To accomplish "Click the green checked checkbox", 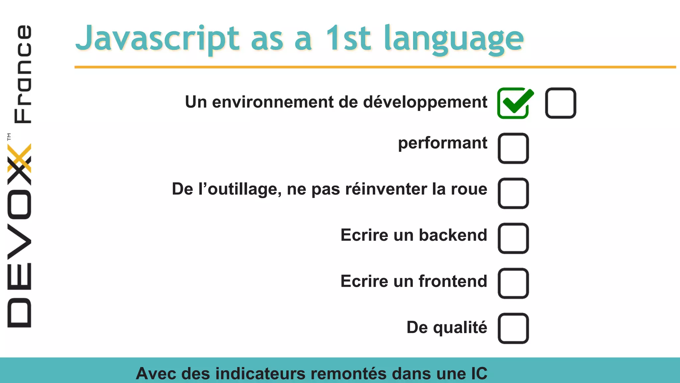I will coord(513,103).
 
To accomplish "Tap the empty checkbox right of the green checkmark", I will coord(560,103).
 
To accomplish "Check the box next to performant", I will coord(513,148).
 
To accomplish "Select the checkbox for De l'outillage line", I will coord(513,193).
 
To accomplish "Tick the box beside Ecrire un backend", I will coord(513,238).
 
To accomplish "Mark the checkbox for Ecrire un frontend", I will coord(513,284).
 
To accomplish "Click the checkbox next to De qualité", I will coord(513,328).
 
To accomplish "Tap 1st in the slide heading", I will coord(348,38).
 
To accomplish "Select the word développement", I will coord(425,102).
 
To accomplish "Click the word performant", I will coord(443,143).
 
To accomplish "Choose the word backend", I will coord(453,235).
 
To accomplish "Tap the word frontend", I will coord(453,281).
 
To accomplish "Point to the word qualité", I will coord(460,327).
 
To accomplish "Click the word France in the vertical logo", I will coord(23,74).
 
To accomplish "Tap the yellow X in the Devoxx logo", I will coord(19,158).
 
